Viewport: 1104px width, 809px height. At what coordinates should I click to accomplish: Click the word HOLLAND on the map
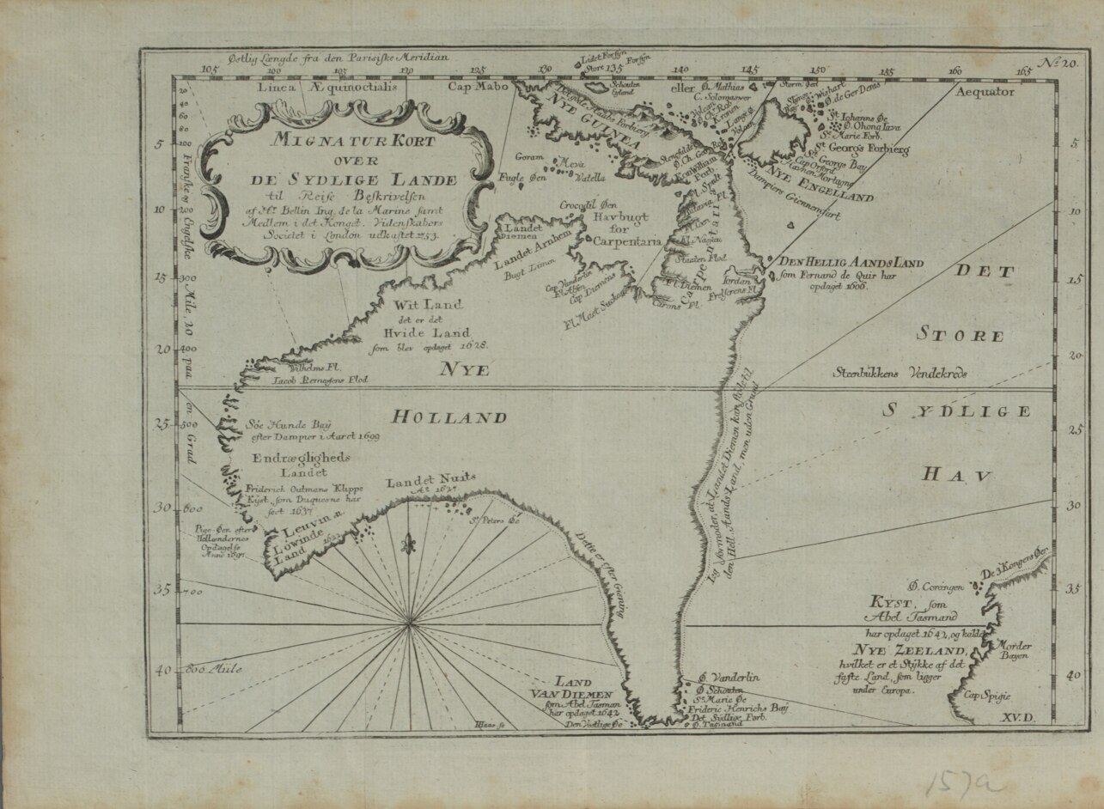[x=449, y=418]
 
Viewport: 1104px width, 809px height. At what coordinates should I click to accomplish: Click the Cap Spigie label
[x=983, y=696]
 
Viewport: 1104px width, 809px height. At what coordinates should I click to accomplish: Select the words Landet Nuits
[x=430, y=482]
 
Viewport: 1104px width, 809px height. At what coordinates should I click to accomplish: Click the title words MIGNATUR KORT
[x=353, y=141]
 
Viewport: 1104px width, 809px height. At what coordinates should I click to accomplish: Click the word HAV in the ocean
[x=958, y=473]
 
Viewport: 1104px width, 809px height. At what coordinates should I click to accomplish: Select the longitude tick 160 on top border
[x=954, y=70]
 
